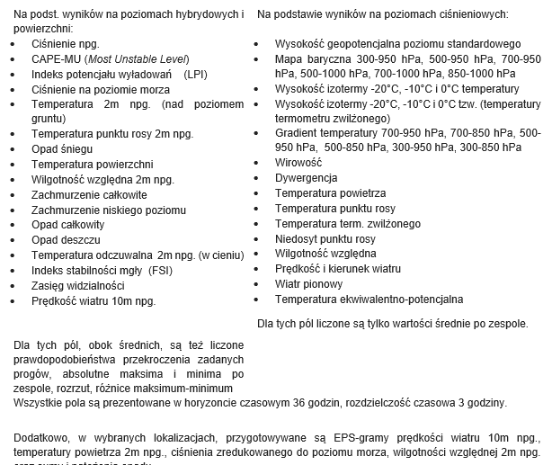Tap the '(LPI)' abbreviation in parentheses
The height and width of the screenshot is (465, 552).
tap(194, 74)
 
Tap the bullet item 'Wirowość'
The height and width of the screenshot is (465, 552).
tap(298, 163)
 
